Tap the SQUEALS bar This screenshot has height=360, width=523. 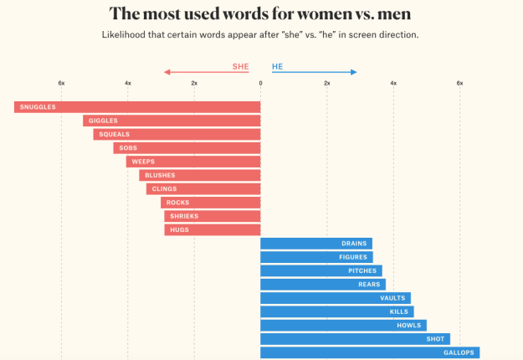click(177, 134)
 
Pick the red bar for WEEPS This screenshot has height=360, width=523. click(193, 162)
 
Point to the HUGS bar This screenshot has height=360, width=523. click(213, 229)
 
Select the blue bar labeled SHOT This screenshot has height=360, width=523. click(355, 339)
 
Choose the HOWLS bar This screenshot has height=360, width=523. click(343, 325)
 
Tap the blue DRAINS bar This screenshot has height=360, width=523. click(316, 244)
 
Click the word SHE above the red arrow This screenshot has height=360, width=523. click(240, 66)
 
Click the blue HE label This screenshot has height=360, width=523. click(277, 66)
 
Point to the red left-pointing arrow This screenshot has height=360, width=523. click(206, 72)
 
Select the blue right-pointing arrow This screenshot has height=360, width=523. click(315, 72)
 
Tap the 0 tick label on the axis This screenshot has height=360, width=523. click(260, 83)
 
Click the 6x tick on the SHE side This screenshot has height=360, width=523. click(61, 83)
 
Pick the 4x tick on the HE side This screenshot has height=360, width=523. click(393, 83)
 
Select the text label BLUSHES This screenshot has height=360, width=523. click(160, 175)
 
